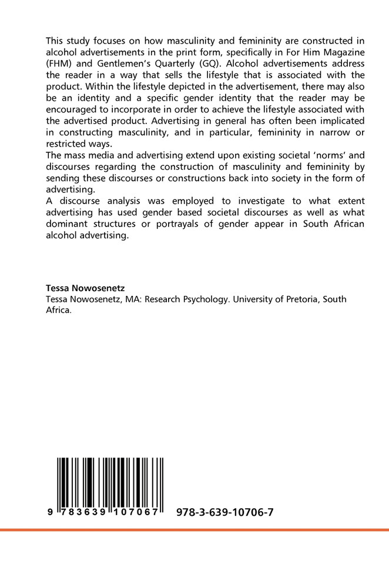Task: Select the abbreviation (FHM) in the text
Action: pos(59,64)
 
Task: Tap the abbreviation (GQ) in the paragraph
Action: pos(227,64)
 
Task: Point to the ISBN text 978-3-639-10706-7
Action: pos(224,512)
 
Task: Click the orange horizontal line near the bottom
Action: pos(195,530)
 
